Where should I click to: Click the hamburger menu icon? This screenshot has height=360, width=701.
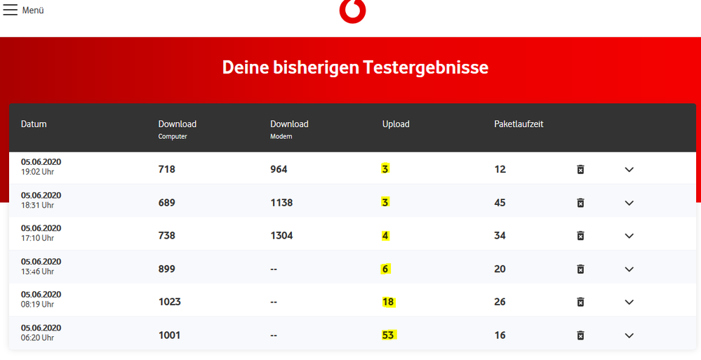click(10, 10)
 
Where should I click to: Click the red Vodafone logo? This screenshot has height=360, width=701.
click(352, 11)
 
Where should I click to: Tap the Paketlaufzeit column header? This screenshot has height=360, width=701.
click(519, 124)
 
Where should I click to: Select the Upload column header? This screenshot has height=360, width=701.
click(396, 124)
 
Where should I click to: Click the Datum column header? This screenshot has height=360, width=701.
click(34, 124)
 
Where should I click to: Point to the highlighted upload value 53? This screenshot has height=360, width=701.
click(388, 335)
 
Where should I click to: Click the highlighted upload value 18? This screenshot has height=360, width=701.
click(388, 302)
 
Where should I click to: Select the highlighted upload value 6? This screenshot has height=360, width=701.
click(386, 269)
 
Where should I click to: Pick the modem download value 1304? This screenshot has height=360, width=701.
click(281, 236)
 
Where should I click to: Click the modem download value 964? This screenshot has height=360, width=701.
click(279, 169)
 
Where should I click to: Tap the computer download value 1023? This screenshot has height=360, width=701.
click(169, 302)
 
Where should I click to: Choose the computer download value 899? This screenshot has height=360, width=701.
click(167, 269)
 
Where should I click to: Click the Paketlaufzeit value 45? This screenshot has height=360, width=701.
click(500, 203)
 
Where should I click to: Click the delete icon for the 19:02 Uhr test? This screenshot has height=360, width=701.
click(580, 170)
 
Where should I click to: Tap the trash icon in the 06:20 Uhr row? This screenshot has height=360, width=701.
click(580, 335)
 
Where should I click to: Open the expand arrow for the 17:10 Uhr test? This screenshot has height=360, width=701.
click(629, 236)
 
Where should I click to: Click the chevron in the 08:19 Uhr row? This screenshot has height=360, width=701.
click(629, 302)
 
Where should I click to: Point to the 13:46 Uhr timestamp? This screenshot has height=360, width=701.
click(37, 272)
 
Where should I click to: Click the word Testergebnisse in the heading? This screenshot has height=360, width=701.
click(426, 67)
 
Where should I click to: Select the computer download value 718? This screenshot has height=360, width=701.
click(167, 169)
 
